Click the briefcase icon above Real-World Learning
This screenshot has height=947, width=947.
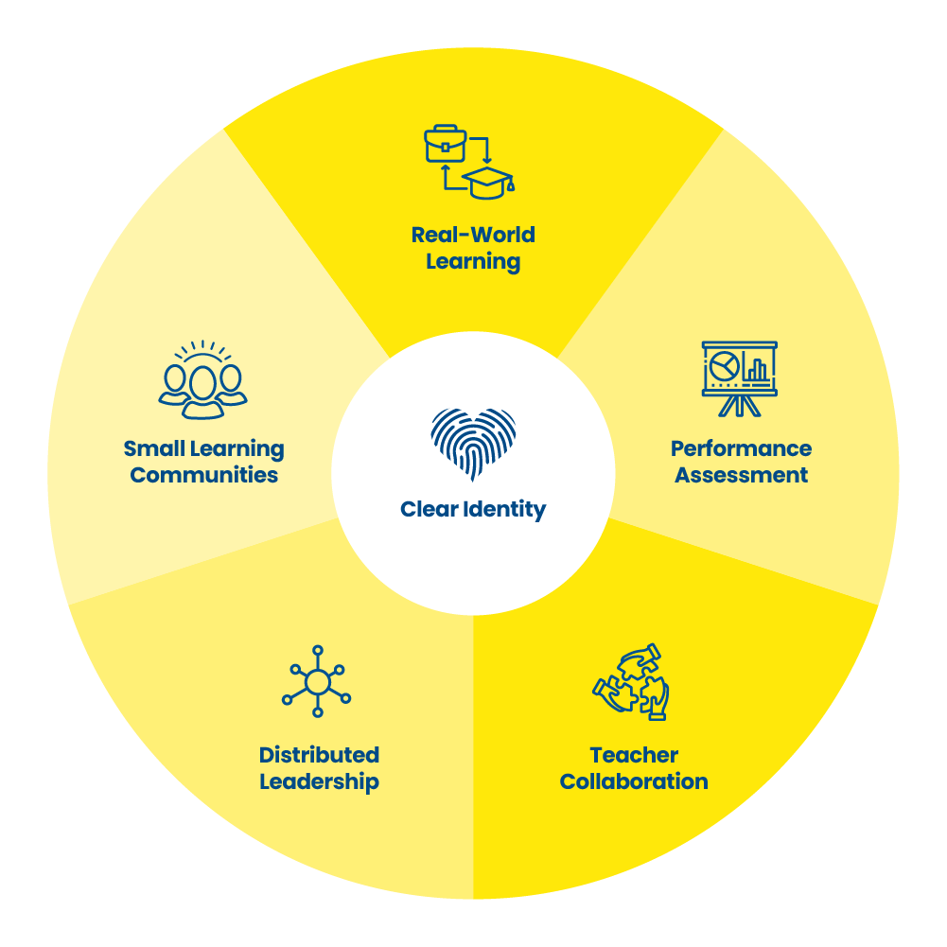pyautogui.click(x=445, y=145)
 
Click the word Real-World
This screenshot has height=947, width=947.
pyautogui.click(x=473, y=235)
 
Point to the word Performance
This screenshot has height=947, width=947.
pyautogui.click(x=741, y=448)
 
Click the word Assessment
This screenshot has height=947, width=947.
pyautogui.click(x=741, y=475)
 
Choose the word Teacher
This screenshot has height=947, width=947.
pyautogui.click(x=634, y=755)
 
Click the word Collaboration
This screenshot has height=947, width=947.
pyautogui.click(x=634, y=781)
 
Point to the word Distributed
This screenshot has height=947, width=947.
pyautogui.click(x=319, y=755)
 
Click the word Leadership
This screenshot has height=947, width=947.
pyautogui.click(x=319, y=781)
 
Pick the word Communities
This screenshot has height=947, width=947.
pyautogui.click(x=204, y=475)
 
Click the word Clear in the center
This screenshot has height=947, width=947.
pyautogui.click(x=430, y=509)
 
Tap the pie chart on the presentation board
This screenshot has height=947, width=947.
pyautogui.click(x=725, y=363)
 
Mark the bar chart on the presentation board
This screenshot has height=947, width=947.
pyautogui.click(x=757, y=367)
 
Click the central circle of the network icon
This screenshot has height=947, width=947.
pyautogui.click(x=317, y=682)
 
